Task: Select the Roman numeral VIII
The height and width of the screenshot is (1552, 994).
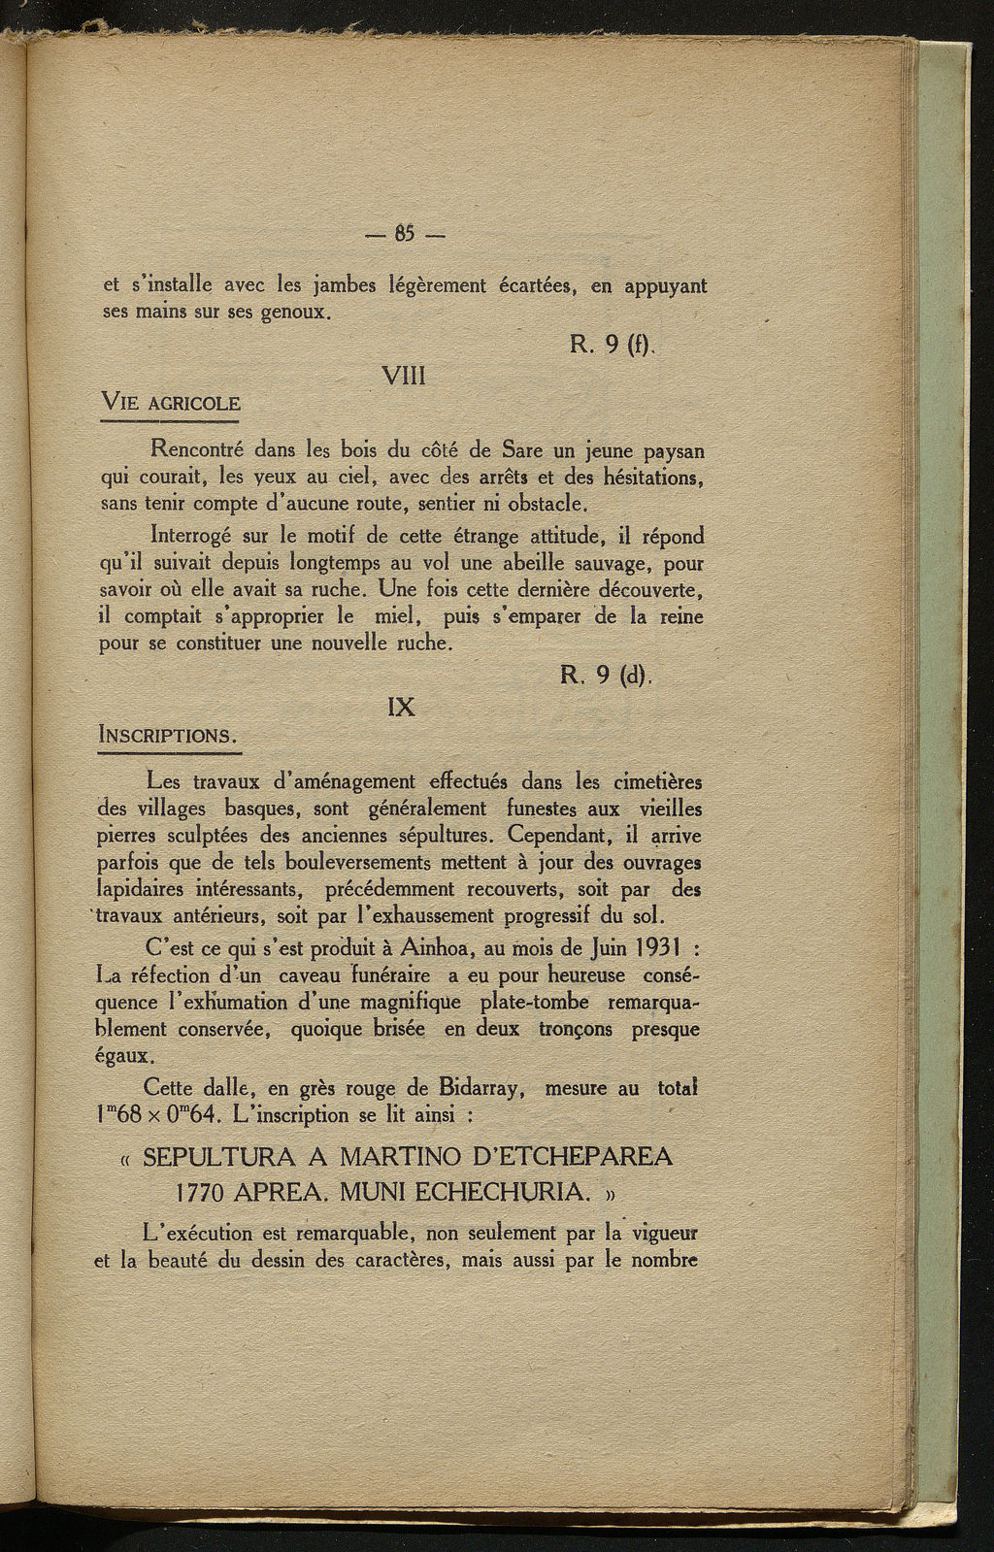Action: (x=404, y=376)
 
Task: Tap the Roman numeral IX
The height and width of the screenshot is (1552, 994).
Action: (x=401, y=707)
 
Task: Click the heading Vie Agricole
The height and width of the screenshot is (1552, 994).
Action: (x=171, y=402)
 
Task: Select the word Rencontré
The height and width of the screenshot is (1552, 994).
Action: (x=196, y=451)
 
